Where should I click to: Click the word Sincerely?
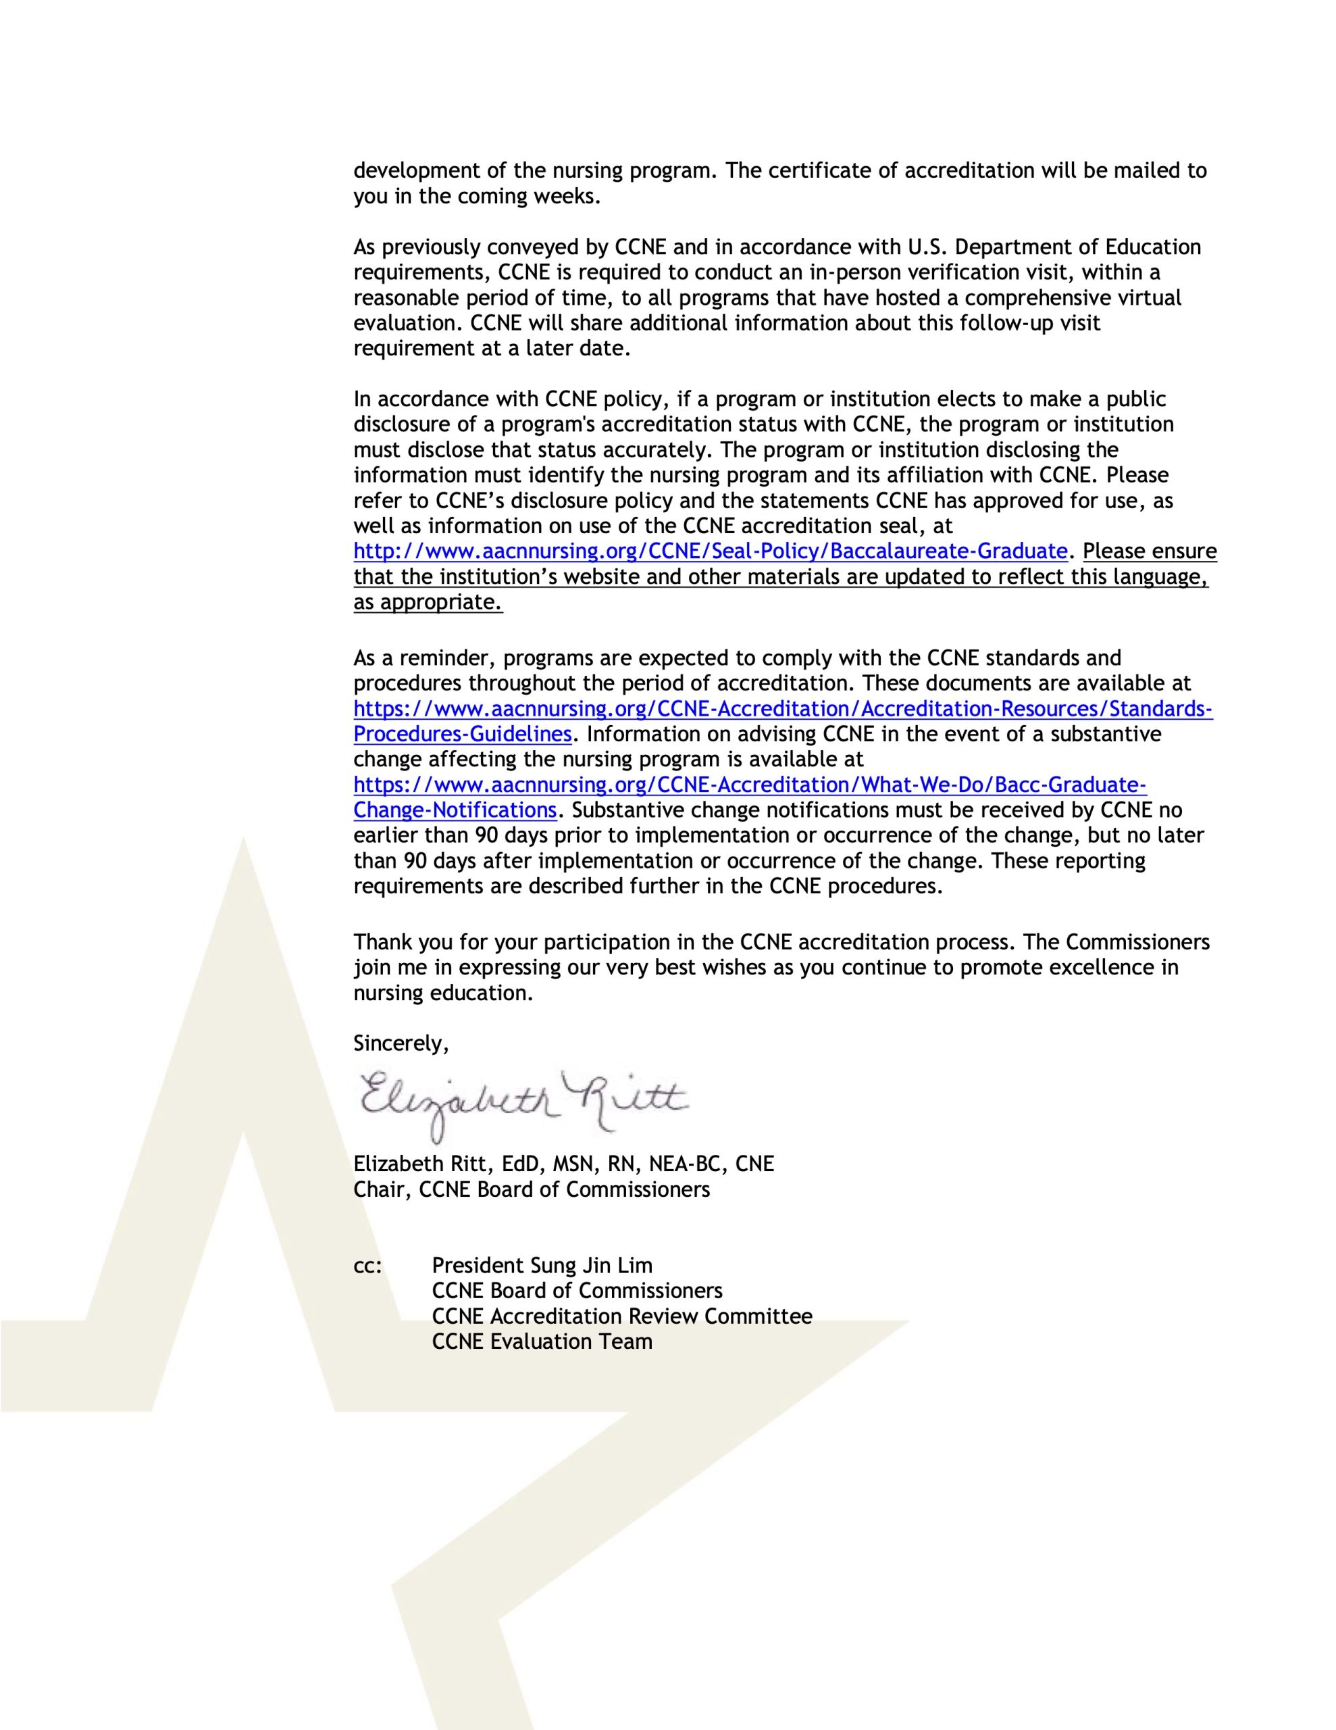400,1044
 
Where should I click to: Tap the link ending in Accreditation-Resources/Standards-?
782,709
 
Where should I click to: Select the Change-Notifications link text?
455,810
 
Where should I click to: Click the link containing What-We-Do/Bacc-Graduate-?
749,785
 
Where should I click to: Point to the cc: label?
367,1266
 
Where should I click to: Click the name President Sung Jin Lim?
542,1266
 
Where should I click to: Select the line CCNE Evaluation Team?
542,1342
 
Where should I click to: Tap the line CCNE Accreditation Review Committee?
621,1316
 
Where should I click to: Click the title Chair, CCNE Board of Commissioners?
531,1190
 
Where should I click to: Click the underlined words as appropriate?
428,602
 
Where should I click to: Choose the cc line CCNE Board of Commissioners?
577,1291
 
